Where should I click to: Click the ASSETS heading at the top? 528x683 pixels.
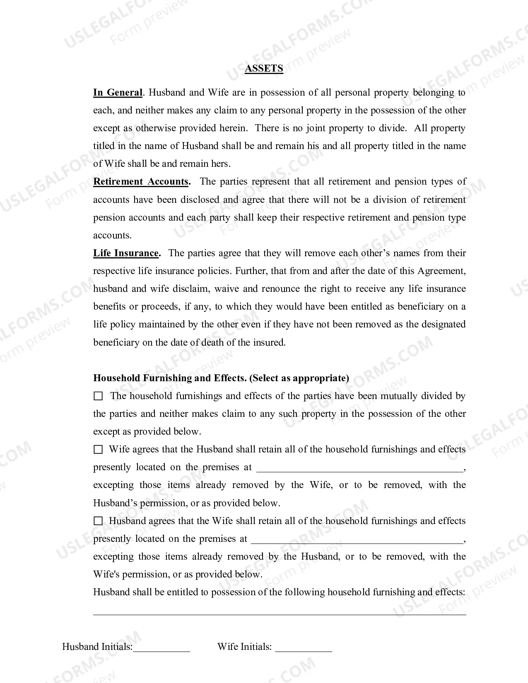(x=264, y=69)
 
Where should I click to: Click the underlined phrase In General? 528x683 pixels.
(x=118, y=92)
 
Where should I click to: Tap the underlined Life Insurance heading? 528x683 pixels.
(x=126, y=253)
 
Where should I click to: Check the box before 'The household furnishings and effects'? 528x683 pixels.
(x=98, y=396)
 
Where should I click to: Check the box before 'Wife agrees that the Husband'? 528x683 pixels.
(x=98, y=450)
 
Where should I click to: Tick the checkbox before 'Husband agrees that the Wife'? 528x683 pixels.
(x=98, y=521)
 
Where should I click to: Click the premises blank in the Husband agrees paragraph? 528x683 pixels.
(x=357, y=540)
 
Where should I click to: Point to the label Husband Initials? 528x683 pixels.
(x=97, y=647)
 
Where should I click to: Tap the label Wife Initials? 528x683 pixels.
(x=244, y=647)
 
